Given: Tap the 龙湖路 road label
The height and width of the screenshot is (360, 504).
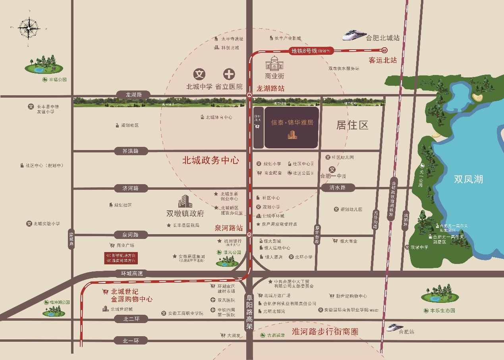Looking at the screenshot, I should coord(133,94).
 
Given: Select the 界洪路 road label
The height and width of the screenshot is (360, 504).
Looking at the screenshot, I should coord(130,151).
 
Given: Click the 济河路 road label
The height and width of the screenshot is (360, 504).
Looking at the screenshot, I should coord(130,188).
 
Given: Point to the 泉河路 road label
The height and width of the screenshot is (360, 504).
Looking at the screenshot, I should coord(130,235).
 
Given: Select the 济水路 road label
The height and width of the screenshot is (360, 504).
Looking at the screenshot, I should coord(337,187).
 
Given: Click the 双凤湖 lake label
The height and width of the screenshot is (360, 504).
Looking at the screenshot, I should coord(468,179).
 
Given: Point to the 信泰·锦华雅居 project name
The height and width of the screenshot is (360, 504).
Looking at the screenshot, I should coord(292,123).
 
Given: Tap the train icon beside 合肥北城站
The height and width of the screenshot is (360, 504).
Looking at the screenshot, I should coord(353,35).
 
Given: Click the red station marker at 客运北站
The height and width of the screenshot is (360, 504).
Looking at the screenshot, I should coord(384,50).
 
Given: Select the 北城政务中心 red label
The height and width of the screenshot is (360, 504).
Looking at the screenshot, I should coord(210,160).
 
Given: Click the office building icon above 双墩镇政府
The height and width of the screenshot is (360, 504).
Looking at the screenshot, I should coord(185,201).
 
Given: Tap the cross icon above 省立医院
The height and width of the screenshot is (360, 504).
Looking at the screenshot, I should coord(229,74).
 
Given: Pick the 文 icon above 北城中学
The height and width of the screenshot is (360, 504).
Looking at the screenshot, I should coord(199,74).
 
